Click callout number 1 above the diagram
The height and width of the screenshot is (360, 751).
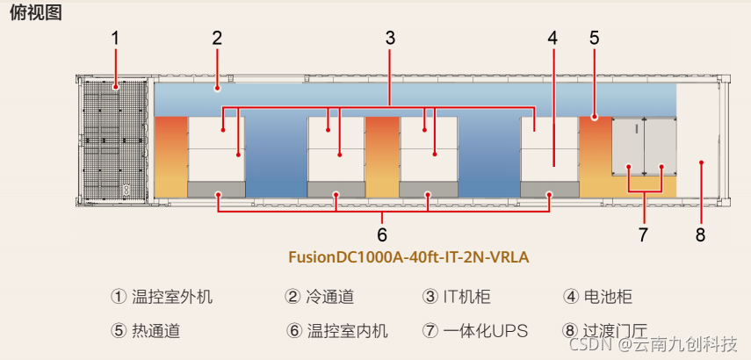pyautogui.click(x=115, y=38)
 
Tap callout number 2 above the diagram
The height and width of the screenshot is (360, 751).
pyautogui.click(x=217, y=38)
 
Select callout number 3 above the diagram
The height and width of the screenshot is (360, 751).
pyautogui.click(x=390, y=38)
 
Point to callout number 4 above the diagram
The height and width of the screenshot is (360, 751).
pyautogui.click(x=552, y=38)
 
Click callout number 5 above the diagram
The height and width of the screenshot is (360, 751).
pyautogui.click(x=595, y=38)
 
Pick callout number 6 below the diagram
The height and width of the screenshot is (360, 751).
pyautogui.click(x=382, y=234)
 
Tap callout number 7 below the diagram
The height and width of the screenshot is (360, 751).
pyautogui.click(x=644, y=234)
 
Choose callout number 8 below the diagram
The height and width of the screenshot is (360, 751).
pyautogui.click(x=700, y=234)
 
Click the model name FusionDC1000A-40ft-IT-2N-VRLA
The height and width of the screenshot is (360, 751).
pyautogui.click(x=408, y=258)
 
